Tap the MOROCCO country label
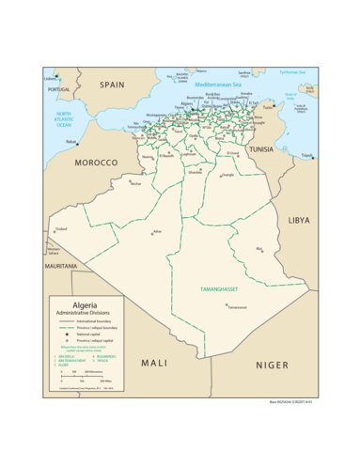pos(97,163)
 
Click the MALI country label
pos(154,362)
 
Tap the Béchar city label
pos(135,183)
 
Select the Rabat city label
pos(70,142)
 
